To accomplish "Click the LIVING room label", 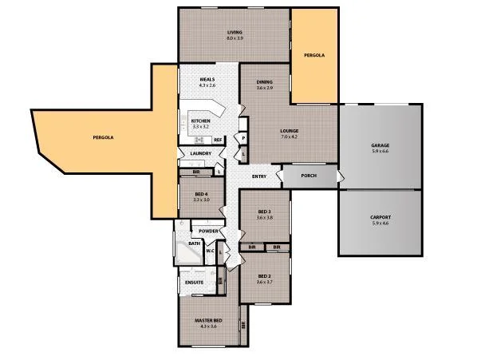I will tap(235, 33).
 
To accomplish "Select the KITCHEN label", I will tap(200, 121).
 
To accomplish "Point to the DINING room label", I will tap(265, 82).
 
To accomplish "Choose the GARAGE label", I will tap(380, 145).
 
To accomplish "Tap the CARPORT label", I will tap(380, 217).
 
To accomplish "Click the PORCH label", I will tap(310, 176).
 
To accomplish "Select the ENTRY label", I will tap(259, 176).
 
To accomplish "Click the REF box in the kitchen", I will tap(217, 140).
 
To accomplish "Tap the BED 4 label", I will tap(200, 194).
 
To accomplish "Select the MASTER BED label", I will tap(207, 321).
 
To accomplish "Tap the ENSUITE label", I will tap(194, 282).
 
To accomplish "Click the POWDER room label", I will tap(209, 231).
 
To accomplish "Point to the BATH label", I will tap(194, 243).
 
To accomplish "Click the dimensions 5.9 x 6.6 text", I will tap(380, 151).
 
